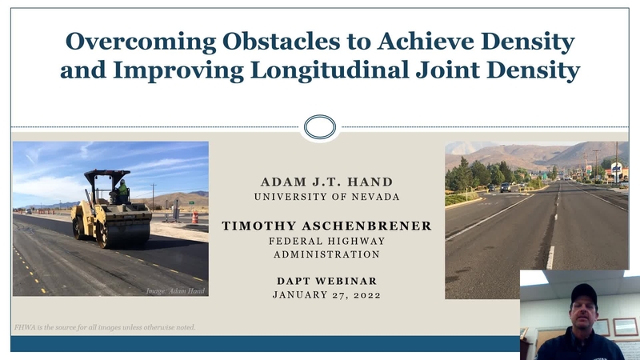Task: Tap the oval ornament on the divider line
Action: (x=319, y=126)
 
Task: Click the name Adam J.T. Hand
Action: (x=326, y=182)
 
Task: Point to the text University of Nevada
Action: (x=326, y=197)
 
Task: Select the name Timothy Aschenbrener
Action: (x=326, y=226)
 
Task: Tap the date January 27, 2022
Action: (x=326, y=294)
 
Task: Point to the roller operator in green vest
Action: (x=122, y=191)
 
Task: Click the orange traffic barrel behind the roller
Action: (x=194, y=217)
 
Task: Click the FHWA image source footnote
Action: (x=105, y=327)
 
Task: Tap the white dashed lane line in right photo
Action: (x=550, y=256)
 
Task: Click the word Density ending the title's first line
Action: (x=530, y=41)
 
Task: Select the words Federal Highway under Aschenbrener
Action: (x=326, y=241)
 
